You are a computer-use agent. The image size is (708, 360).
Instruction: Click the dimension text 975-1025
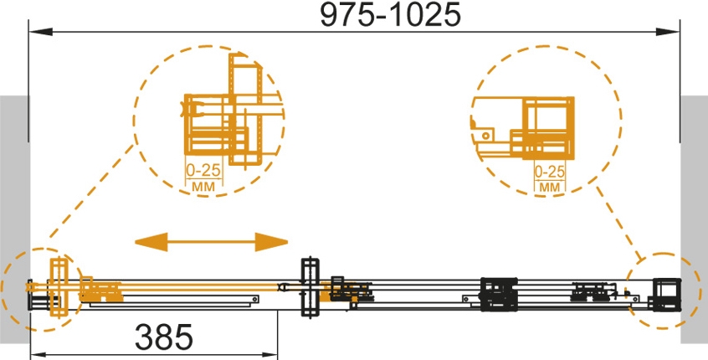pos(391,15)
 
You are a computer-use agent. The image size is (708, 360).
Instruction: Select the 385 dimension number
pos(164,337)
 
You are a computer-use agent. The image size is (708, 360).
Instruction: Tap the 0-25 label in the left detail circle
pos(203,170)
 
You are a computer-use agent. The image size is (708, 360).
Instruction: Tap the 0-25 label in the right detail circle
pos(550,172)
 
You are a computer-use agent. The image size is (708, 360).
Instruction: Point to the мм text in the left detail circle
pos(203,186)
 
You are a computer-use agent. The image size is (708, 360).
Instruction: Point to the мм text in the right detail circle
pos(550,187)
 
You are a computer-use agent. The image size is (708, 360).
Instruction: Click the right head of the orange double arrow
pos(271,242)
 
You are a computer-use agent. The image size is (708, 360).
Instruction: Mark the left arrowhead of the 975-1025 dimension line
pos(41,32)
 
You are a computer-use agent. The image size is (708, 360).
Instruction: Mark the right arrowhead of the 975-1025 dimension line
pos(667,32)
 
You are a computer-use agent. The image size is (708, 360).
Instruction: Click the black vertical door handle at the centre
pos(310,288)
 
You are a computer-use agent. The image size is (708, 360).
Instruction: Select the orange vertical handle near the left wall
pos(59,287)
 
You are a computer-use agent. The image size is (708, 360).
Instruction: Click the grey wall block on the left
pos(14,217)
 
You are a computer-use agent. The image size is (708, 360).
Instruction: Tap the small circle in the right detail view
pos(486,135)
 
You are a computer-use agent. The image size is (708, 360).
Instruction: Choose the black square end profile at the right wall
pos(665,294)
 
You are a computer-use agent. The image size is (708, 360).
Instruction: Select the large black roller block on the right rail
pos(499,294)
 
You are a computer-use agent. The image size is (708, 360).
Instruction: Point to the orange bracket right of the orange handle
pos(100,290)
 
